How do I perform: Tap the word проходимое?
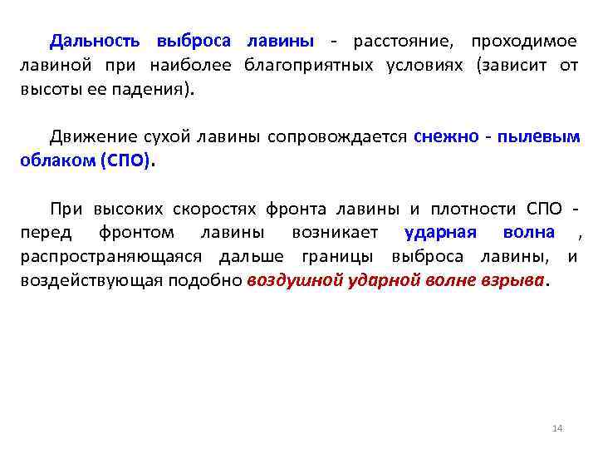click(524, 42)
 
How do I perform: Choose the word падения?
click(154, 90)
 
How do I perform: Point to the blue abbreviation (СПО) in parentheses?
click(126, 161)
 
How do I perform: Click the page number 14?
click(557, 427)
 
